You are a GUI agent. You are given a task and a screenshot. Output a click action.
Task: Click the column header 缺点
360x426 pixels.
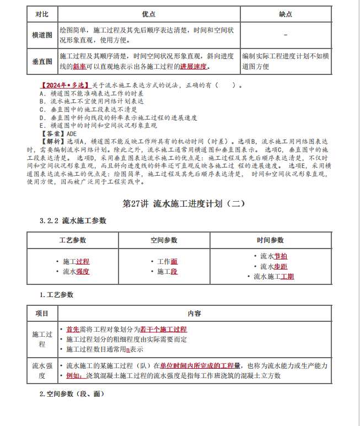286,14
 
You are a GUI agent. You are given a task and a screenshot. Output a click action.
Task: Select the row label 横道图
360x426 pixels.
42,35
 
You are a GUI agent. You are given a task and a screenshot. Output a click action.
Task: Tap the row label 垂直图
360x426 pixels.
42,62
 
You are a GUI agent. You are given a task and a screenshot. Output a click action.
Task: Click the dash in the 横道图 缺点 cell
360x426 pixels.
286,35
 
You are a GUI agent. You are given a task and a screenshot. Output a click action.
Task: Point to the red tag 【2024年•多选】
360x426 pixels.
65,86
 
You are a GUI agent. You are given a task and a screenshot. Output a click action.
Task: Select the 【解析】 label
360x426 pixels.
53,141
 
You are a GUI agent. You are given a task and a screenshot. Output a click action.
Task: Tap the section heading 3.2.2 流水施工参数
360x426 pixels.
73,221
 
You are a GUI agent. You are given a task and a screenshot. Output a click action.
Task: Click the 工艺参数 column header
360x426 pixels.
73,240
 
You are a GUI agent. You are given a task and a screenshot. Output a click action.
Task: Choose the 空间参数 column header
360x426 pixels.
164,240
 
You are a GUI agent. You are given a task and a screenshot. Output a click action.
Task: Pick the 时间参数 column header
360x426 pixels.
270,240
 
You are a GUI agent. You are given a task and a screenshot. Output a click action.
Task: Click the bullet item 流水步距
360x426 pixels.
274,266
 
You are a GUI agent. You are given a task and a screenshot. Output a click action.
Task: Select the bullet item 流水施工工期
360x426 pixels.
274,277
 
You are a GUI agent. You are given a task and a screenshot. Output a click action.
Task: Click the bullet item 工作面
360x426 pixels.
167,261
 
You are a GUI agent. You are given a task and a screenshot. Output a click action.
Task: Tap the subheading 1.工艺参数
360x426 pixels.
56,295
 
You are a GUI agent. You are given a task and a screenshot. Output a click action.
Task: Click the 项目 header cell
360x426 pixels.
42,313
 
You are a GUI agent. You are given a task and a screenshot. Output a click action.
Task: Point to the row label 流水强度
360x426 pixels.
42,370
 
